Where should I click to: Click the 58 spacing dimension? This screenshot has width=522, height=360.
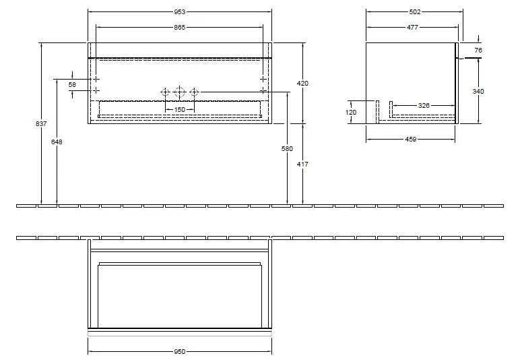click(72, 84)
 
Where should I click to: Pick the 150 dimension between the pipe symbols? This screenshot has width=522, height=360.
click(179, 109)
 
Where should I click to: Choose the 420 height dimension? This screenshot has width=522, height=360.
click(302, 84)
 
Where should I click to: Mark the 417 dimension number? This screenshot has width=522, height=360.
click(302, 164)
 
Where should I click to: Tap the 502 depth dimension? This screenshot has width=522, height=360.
click(414, 11)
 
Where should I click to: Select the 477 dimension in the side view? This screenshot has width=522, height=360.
click(412, 27)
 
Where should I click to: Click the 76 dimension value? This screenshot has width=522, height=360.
click(478, 50)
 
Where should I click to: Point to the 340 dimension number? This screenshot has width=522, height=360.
click(478, 92)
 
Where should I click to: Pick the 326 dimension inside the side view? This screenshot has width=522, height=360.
click(424, 105)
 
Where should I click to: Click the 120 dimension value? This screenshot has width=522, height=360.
click(351, 113)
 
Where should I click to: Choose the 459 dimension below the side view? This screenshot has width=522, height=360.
click(411, 140)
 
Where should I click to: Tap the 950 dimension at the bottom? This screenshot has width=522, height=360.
click(179, 351)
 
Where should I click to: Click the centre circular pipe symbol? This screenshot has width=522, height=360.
click(179, 91)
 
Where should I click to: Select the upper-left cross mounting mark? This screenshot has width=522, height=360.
click(96, 79)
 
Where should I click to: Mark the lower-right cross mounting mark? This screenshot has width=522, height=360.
click(263, 90)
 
